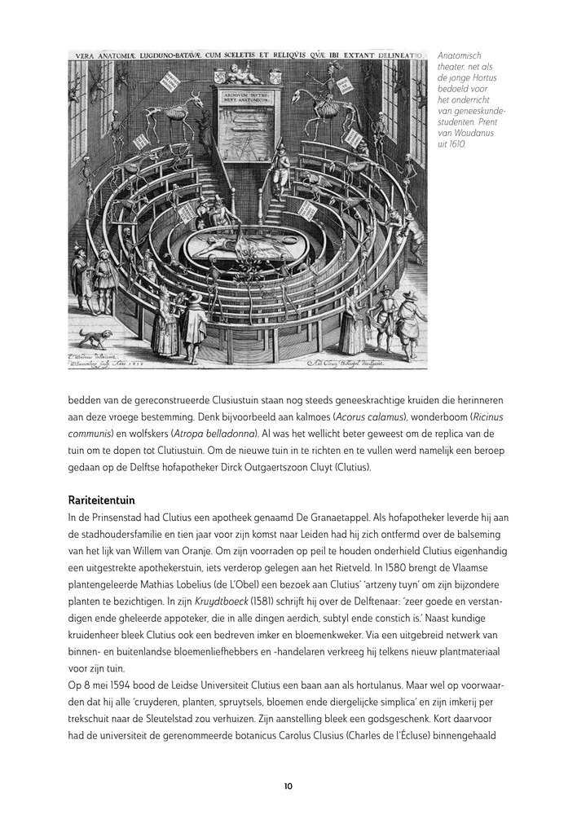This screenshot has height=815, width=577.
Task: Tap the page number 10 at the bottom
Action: pos(288,786)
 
